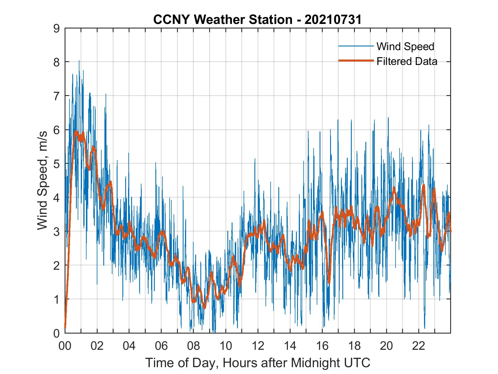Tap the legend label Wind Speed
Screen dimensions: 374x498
[405, 46]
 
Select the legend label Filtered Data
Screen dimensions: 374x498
[407, 61]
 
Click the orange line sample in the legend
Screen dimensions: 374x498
[356, 61]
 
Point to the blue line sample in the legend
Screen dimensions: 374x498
[356, 46]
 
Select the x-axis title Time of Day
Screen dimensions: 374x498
[258, 363]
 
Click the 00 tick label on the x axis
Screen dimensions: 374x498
[65, 346]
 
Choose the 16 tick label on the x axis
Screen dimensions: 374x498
[322, 346]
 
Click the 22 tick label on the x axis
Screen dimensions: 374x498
[419, 346]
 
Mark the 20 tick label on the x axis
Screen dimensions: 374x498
[386, 346]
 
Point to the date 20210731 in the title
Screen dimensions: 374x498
[333, 20]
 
